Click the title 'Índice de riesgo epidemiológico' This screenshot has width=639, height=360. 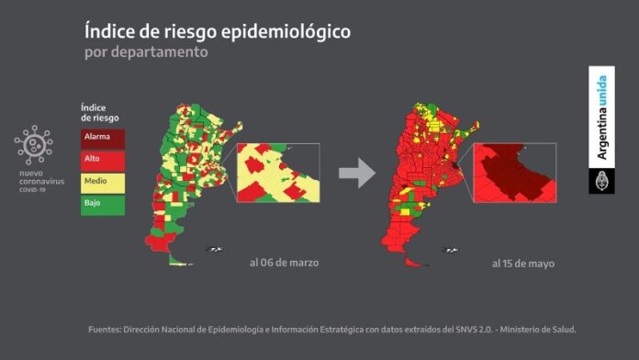[x=217, y=32]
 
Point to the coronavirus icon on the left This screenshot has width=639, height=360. [x=33, y=145]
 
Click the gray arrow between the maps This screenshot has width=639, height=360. [x=356, y=172]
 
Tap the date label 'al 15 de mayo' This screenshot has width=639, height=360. [x=522, y=264]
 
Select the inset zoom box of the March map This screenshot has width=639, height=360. [x=278, y=173]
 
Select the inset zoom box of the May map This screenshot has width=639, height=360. [x=513, y=173]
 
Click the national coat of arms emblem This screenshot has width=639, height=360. [x=602, y=180]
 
